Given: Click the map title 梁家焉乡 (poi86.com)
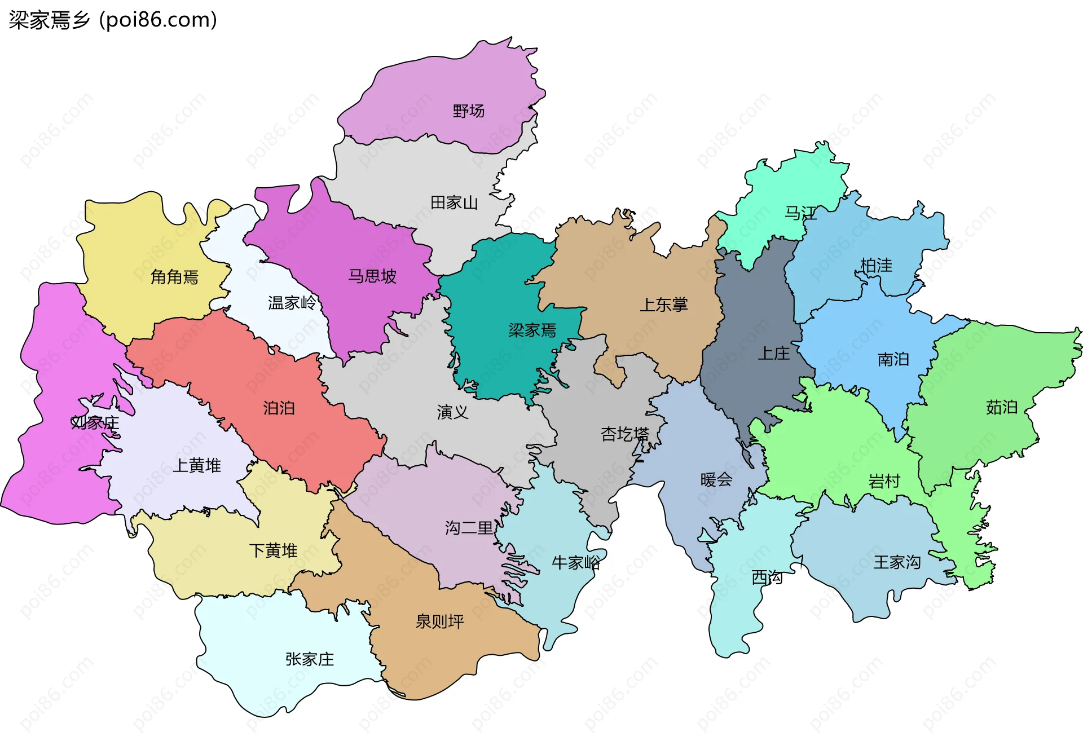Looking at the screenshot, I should pos(113,20).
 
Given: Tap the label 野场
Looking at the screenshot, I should pos(468,111).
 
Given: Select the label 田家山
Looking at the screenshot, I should pos(454,202).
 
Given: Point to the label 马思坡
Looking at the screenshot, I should pos(372,276).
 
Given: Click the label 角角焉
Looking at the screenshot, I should pos(174,277).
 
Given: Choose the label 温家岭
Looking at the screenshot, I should pos(292,303).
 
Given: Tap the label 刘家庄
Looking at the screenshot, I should pos(95,422).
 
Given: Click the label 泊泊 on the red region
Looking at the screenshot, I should pos(279,408).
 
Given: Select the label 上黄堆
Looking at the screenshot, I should pos(197,465).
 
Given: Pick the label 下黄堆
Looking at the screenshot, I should pos(273,550).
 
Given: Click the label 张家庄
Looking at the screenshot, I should pos(309,659).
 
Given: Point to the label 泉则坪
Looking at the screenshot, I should pos(439,621).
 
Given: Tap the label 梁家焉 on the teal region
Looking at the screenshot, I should pos(532,330).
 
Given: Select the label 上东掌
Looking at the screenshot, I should pos(663,305).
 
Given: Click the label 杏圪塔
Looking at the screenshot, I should pos(624,434).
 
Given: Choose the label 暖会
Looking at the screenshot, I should pos(716,480).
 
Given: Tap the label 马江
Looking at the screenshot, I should pos(800,213).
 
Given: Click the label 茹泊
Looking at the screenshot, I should pos(1001,407).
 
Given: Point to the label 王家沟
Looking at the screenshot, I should pos(897,562).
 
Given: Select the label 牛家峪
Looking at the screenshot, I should pos(575,562).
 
